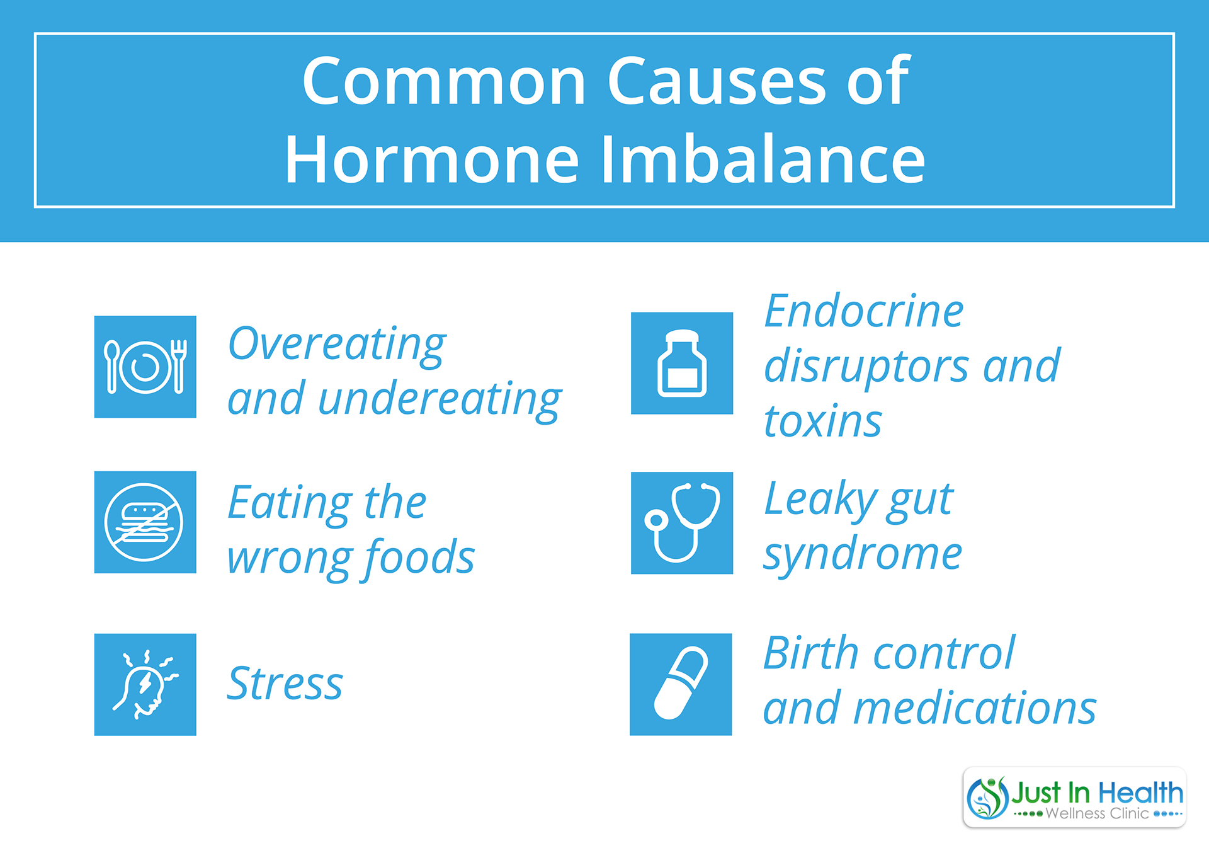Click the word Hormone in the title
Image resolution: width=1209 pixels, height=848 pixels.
(431, 159)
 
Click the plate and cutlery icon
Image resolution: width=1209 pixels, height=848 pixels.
(145, 367)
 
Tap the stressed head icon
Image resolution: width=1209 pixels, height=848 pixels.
(145, 684)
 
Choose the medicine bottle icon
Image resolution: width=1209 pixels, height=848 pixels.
(682, 363)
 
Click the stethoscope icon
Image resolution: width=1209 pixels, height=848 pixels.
(682, 523)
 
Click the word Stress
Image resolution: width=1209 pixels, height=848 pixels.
(285, 683)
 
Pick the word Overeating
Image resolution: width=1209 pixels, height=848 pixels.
(337, 345)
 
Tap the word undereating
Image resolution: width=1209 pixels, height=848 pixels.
(440, 400)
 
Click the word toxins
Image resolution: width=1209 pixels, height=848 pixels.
(822, 420)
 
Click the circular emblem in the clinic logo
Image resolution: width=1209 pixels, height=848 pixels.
(988, 798)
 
